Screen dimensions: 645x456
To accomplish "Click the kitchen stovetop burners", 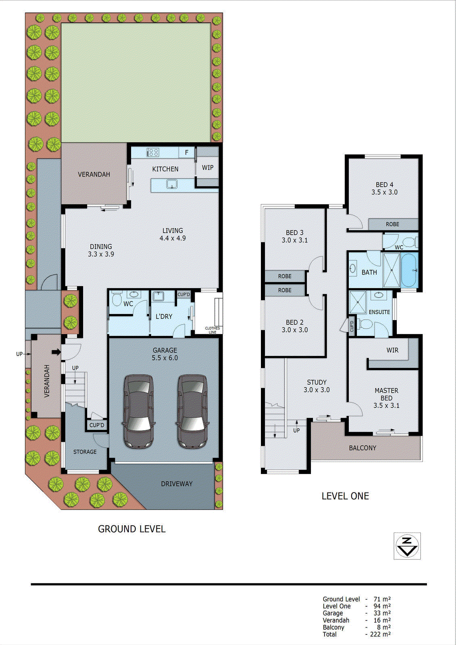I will click(x=153, y=152).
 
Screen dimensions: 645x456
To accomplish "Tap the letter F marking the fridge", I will click(x=187, y=152).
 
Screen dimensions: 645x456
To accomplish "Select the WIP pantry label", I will click(x=208, y=167).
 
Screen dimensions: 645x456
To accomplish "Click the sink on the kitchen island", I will click(x=172, y=185).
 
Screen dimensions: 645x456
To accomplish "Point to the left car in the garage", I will click(x=139, y=411).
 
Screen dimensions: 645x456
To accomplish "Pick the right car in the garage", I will click(x=192, y=411).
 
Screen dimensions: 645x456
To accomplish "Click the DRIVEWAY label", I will click(x=177, y=484).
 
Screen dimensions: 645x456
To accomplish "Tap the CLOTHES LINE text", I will click(x=212, y=330).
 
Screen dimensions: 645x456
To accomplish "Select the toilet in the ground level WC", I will click(x=117, y=300).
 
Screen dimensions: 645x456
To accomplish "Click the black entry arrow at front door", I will click(x=56, y=352).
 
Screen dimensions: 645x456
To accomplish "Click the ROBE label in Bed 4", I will click(x=392, y=224).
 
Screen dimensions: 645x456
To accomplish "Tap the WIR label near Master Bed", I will click(x=392, y=350).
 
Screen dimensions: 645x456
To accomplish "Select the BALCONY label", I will click(x=362, y=448).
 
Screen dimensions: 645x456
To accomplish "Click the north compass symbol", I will click(x=407, y=546).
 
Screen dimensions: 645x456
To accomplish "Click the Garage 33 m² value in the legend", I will click(x=381, y=613).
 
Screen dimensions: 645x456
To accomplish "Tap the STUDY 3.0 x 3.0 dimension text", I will click(x=316, y=390).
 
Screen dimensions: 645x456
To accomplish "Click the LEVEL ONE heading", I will click(x=345, y=496).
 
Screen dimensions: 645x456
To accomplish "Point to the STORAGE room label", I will click(x=85, y=452).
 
